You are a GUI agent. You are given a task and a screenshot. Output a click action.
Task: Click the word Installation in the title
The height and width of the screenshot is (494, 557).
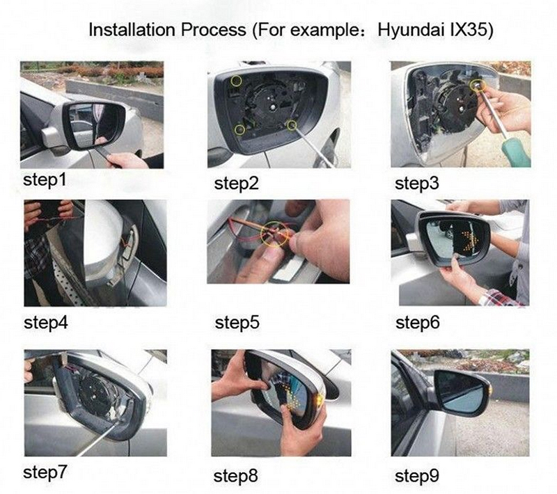click(132, 30)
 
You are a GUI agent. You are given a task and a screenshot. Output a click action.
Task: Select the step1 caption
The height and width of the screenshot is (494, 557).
click(45, 180)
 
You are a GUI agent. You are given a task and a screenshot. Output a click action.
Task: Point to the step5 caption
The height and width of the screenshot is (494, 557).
click(237, 323)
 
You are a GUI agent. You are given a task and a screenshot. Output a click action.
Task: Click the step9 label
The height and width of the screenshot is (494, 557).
click(417, 476)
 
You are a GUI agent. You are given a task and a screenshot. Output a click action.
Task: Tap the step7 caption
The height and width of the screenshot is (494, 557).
click(45, 472)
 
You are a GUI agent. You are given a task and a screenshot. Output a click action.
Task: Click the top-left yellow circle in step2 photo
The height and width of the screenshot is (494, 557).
click(236, 81)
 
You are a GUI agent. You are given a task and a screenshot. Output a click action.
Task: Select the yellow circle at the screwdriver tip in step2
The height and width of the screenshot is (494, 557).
click(292, 125)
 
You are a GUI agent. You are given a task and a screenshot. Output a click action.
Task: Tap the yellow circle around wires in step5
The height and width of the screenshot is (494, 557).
click(275, 234)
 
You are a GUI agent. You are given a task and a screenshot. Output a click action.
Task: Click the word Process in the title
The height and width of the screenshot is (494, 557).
click(213, 30)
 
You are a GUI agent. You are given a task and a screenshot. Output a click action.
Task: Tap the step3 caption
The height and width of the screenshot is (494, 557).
click(417, 184)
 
